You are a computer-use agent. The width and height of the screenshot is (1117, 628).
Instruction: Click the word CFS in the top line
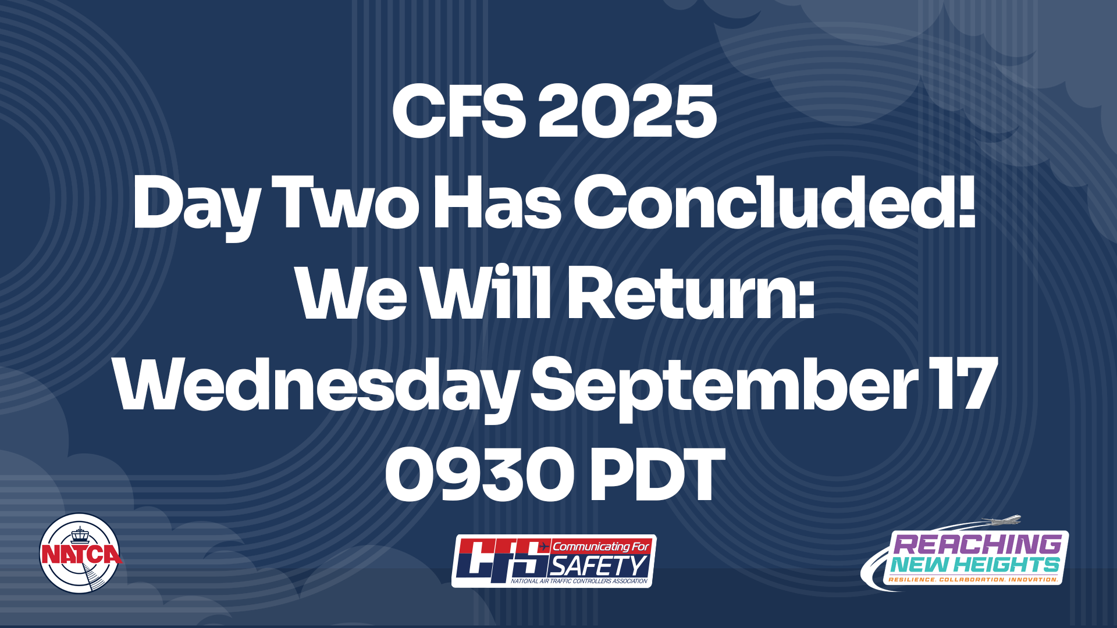pos(459,111)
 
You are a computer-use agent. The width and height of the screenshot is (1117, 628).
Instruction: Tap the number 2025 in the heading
pos(627,111)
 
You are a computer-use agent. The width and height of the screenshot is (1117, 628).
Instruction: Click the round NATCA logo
pos(80,553)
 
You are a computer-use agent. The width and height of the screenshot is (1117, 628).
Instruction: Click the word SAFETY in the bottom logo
pos(599,566)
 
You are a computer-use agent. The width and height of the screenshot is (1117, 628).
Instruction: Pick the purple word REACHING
pos(977,544)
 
